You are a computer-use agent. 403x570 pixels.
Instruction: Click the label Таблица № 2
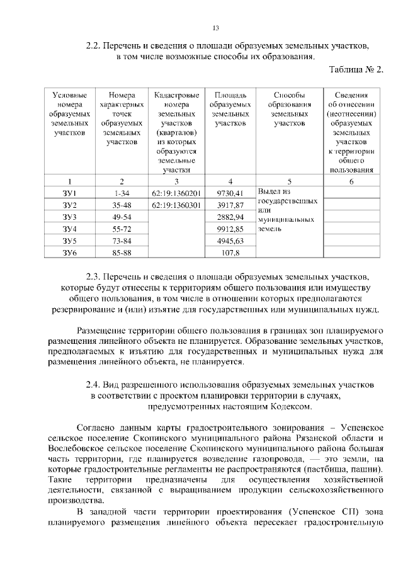pyautogui.click(x=356, y=69)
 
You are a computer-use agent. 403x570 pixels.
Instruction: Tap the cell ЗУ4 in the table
pyautogui.click(x=69, y=229)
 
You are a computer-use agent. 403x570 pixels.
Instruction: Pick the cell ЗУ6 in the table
pyautogui.click(x=69, y=253)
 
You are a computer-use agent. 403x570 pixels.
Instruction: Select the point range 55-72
pyautogui.click(x=122, y=229)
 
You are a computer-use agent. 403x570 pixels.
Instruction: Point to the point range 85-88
pyautogui.click(x=122, y=253)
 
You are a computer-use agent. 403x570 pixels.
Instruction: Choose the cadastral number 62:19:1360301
pyautogui.click(x=176, y=205)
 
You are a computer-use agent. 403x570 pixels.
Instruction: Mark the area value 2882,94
pyautogui.click(x=229, y=217)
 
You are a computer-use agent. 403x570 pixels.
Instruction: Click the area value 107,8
pyautogui.click(x=229, y=253)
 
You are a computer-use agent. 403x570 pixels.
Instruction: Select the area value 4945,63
pyautogui.click(x=229, y=241)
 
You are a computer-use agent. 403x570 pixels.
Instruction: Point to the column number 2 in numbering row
pyautogui.click(x=122, y=181)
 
